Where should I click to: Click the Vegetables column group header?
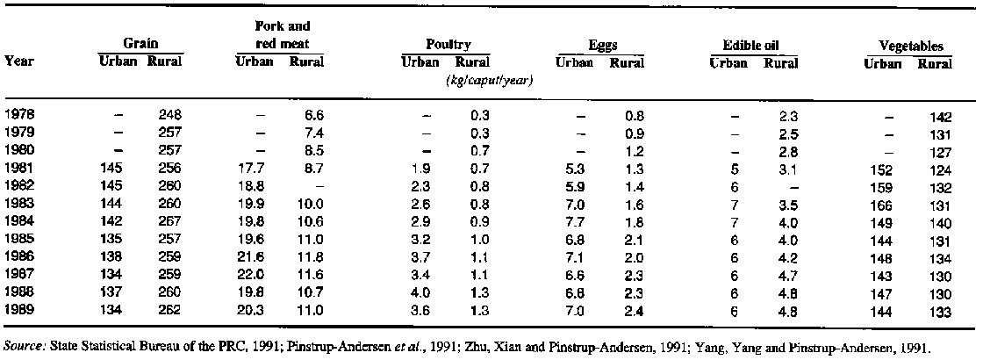(911, 46)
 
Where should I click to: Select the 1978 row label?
(21, 114)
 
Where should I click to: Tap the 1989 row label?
(21, 309)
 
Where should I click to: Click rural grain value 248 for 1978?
(169, 114)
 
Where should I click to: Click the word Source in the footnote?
(24, 348)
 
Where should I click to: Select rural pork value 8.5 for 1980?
(313, 150)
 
